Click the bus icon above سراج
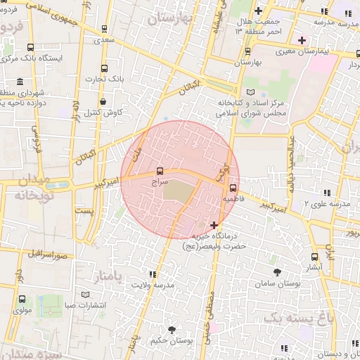point(160,170)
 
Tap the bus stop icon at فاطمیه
point(232,187)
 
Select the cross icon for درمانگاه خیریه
point(214,225)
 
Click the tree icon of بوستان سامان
point(278,271)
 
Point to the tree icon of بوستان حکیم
point(172,329)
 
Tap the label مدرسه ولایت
point(154,286)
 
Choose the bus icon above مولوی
point(22,299)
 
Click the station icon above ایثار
point(314,257)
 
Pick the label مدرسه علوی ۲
point(327,205)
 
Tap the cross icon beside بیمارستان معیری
point(302,39)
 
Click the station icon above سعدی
point(104,30)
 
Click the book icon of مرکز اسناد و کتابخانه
point(251,93)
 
